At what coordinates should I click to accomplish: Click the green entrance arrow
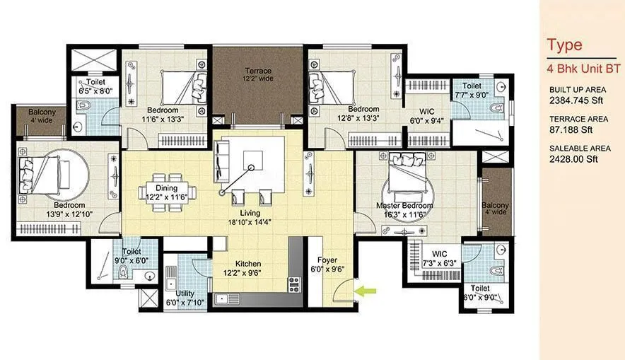pyautogui.click(x=367, y=289)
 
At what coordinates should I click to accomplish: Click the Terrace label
pyautogui.click(x=257, y=71)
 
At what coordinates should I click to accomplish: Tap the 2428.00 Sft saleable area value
pyautogui.click(x=573, y=159)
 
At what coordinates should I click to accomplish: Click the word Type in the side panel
pyautogui.click(x=564, y=45)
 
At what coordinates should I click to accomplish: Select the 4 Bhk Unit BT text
pyautogui.click(x=583, y=69)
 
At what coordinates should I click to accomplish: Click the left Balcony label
pyautogui.click(x=33, y=113)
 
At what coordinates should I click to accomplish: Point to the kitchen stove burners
pyautogui.click(x=294, y=284)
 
